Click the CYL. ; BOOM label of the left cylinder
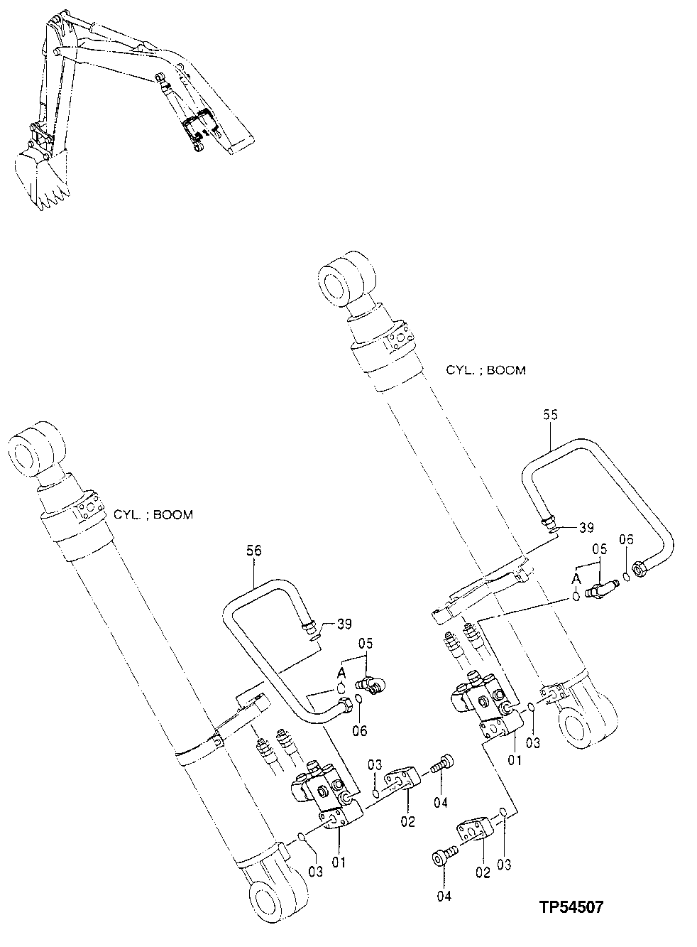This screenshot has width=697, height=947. pos(153,514)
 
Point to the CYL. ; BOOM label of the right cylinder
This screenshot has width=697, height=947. pos(485,370)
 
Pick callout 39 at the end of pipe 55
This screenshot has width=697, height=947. pos(586,527)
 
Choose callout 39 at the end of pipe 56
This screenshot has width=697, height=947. pos(344,624)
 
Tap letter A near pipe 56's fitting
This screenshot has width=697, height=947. pos(341,671)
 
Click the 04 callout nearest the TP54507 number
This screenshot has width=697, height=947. pos(444,897)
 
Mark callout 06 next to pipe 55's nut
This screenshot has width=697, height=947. pos(625,540)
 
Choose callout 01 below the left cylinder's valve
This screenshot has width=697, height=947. pos(339,862)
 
